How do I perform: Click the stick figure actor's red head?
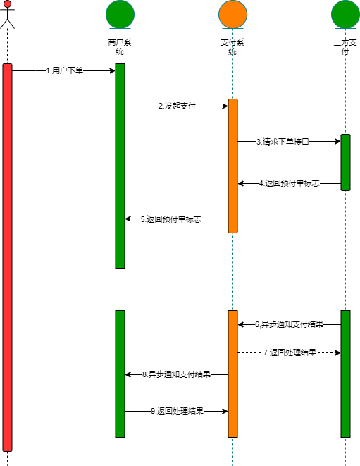coord(7,4)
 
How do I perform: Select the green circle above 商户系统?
coord(120,14)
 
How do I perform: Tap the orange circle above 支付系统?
coord(233,14)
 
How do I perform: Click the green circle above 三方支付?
coord(345,14)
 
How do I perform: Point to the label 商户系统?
coord(120,47)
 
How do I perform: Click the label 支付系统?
coord(232,47)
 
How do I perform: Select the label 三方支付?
coord(345,47)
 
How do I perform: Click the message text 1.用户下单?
coord(64,70)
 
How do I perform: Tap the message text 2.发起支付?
coord(177,106)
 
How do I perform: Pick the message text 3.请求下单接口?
coord(283,142)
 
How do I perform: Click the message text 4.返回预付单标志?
coord(290,183)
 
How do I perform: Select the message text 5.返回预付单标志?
coord(170,219)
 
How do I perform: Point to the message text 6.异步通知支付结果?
coord(290,324)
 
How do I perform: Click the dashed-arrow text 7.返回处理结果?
coord(290,352)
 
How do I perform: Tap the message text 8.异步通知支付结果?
coord(176,374)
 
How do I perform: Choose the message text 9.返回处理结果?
coord(177,411)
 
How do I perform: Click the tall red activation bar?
coord(8,257)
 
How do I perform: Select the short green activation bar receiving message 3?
coord(345,162)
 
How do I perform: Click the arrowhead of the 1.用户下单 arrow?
coord(113,70)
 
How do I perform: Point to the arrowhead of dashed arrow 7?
coord(338,352)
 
